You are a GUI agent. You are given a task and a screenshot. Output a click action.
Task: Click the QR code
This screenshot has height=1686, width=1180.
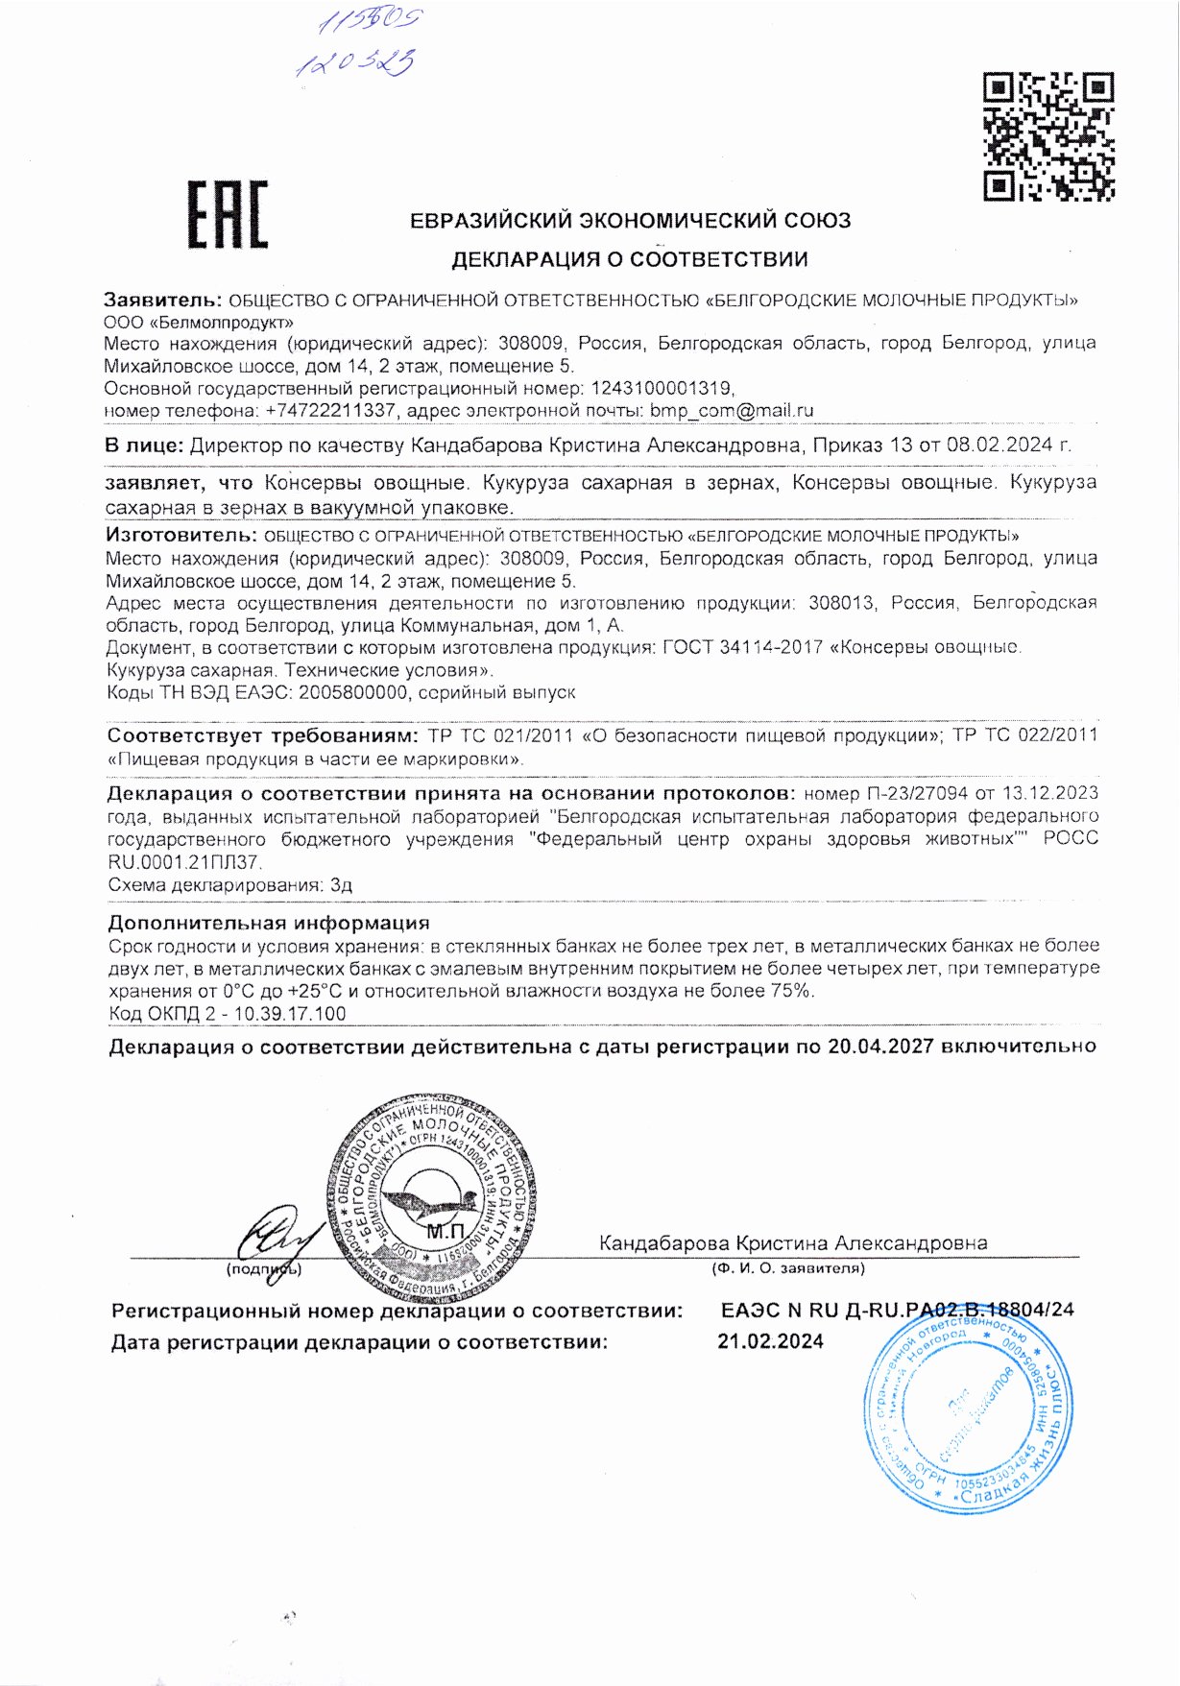[x=1049, y=136]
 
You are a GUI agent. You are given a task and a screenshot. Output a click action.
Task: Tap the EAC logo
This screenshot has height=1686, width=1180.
[x=228, y=215]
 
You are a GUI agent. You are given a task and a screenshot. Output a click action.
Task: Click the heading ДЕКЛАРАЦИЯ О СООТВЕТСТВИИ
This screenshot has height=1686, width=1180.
[x=630, y=259]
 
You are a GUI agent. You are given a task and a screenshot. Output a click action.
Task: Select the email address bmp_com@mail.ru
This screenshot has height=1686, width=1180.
[x=732, y=410]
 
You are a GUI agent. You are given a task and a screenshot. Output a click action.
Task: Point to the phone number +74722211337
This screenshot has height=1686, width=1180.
[x=330, y=410]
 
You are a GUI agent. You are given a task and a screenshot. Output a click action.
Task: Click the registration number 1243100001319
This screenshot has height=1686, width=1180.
[x=662, y=388]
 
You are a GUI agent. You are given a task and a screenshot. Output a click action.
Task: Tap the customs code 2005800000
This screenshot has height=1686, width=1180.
[x=352, y=692]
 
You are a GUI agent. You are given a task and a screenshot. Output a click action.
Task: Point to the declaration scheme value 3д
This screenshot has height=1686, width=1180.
[x=341, y=885]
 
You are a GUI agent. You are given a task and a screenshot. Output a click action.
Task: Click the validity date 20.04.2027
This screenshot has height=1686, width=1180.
[x=880, y=1047]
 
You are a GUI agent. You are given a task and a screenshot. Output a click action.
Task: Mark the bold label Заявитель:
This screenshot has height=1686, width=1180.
[x=162, y=300]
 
